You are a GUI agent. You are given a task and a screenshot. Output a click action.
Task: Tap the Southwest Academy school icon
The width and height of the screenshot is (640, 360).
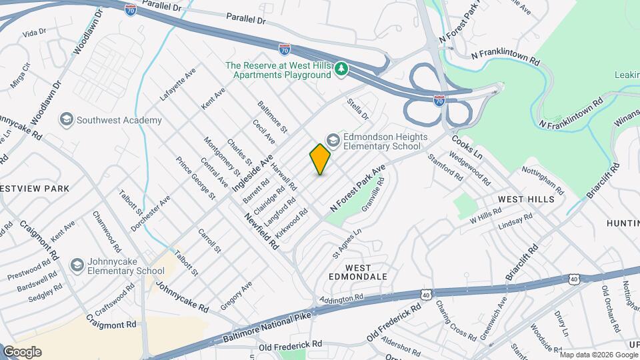tap(66, 120)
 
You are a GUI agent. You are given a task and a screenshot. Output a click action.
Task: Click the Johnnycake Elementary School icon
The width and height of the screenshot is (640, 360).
tap(77, 266)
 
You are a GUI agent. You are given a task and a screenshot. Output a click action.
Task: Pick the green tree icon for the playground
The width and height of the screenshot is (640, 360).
tap(341, 69)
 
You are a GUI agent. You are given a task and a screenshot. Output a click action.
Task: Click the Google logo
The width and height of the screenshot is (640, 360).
tap(21, 352)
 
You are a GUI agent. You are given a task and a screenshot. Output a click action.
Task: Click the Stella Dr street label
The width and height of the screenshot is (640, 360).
tap(357, 109)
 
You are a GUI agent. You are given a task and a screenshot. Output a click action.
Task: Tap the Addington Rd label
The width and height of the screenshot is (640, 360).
tap(343, 298)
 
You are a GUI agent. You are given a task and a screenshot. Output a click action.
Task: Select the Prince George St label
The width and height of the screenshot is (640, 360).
tap(195, 178)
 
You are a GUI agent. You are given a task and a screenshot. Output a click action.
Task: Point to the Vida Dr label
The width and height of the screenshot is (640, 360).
tap(33, 31)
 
